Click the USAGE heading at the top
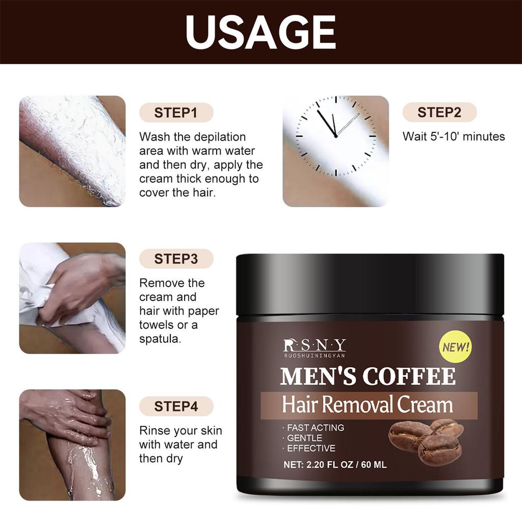(260, 32)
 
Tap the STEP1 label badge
(176, 112)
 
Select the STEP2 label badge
(439, 112)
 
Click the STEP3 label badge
(176, 259)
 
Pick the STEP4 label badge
(176, 406)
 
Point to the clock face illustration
(336, 137)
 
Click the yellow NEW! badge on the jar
(455, 348)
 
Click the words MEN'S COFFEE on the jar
(368, 376)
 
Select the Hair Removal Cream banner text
(368, 405)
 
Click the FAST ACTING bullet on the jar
(315, 428)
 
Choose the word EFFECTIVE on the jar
(311, 449)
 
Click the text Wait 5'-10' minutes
(454, 137)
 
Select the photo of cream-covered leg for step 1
(72, 151)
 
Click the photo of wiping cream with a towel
(72, 298)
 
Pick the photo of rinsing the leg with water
(72, 445)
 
